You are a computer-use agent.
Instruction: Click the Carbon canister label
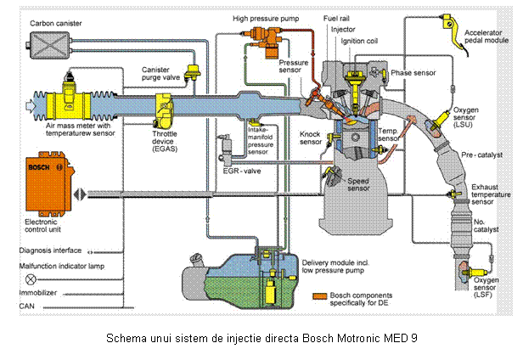click(55, 23)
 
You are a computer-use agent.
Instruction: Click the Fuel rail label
click(339, 18)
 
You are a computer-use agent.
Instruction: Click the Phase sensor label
click(413, 73)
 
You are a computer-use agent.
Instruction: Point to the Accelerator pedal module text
click(486, 37)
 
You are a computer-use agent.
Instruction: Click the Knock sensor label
click(310, 138)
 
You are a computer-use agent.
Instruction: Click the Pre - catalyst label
click(479, 156)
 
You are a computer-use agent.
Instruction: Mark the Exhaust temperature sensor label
click(491, 194)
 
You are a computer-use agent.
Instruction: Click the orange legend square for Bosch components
click(319, 296)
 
